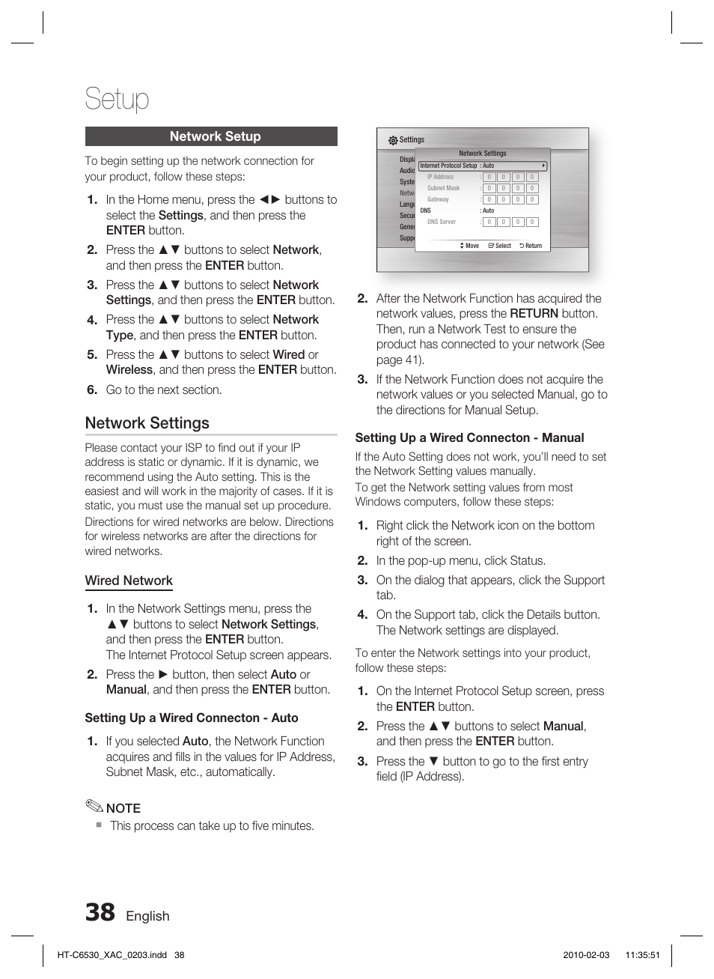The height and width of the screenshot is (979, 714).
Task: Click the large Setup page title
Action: tap(117, 99)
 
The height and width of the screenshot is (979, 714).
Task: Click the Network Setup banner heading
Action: tap(215, 136)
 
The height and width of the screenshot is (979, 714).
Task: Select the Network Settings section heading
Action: tap(147, 423)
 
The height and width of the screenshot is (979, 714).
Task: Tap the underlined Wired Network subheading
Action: tap(129, 581)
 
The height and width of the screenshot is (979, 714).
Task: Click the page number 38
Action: tap(100, 913)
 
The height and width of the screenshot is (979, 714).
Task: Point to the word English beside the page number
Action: tap(147, 916)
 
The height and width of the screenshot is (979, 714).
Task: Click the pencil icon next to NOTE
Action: tap(94, 807)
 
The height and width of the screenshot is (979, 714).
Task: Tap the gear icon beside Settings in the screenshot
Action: tap(393, 140)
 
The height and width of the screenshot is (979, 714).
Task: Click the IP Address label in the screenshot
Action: tap(440, 178)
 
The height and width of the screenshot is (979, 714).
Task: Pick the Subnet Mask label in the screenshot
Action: tap(443, 189)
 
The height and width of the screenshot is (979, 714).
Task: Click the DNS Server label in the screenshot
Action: tap(442, 222)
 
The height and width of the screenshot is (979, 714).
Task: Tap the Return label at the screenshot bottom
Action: tap(533, 246)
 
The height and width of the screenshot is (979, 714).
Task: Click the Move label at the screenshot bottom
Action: tap(472, 246)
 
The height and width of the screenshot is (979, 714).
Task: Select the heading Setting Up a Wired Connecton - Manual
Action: tap(469, 438)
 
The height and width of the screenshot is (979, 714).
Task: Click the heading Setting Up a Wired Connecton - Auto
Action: tap(192, 718)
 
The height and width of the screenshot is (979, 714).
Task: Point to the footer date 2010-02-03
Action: tap(586, 955)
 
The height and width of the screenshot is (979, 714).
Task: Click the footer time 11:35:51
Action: tap(643, 955)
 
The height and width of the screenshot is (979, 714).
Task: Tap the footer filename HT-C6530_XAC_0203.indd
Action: tap(112, 955)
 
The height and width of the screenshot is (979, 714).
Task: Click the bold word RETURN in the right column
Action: tap(534, 314)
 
